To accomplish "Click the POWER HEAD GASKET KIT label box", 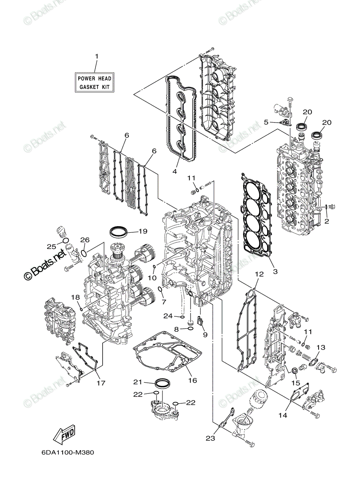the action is click(x=94, y=82).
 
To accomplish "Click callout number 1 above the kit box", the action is click(x=97, y=56).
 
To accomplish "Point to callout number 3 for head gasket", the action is click(x=275, y=271).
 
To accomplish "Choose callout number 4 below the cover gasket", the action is click(x=175, y=171).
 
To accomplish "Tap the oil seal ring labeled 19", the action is click(x=119, y=232).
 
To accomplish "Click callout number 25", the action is click(x=51, y=246).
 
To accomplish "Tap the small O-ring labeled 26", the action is click(x=84, y=253).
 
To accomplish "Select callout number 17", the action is click(x=101, y=383).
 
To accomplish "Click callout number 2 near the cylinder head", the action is click(x=326, y=221).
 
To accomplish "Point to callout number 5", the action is click(x=266, y=122).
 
